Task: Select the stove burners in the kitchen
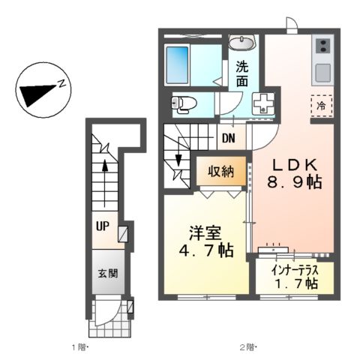[322, 46]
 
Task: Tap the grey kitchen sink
[322, 73]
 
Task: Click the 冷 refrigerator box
[320, 106]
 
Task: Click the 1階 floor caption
[80, 347]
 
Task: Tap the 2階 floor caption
[248, 347]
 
